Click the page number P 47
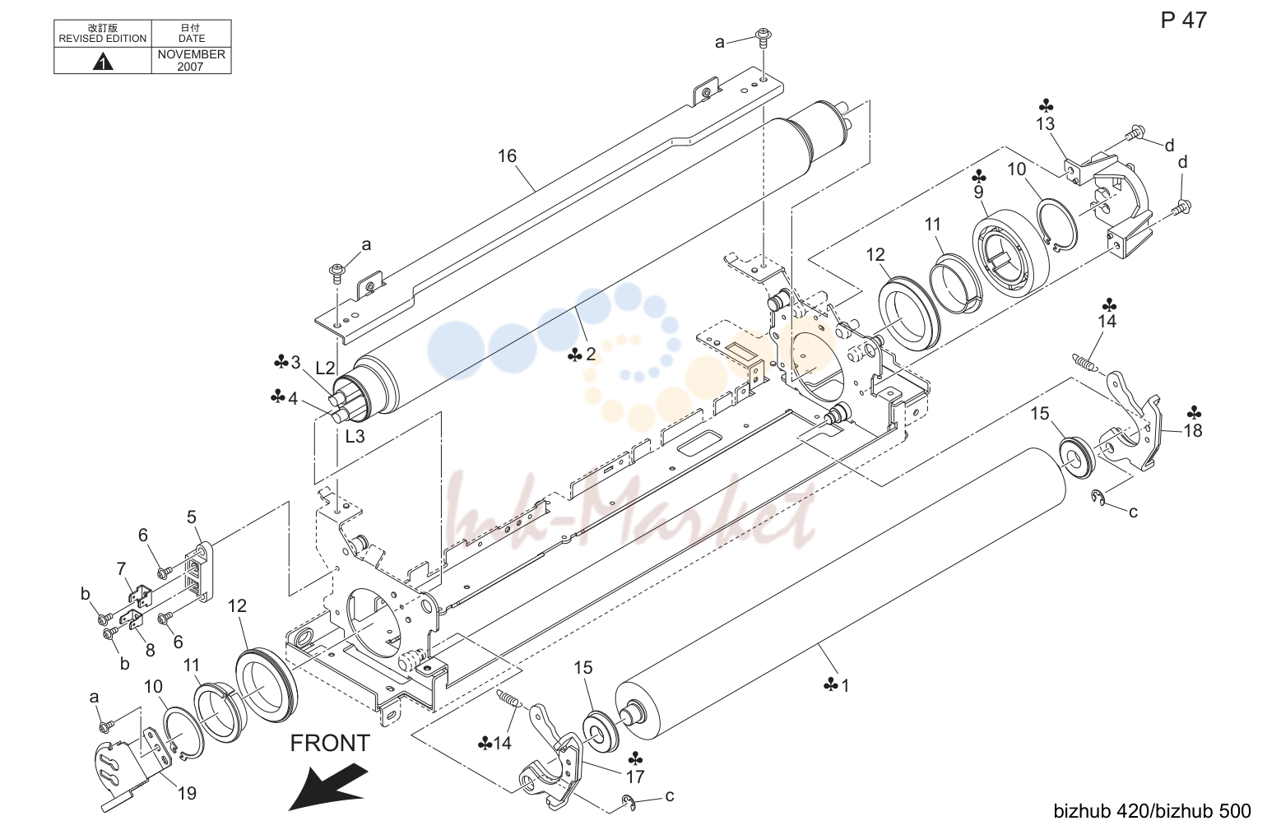click(1183, 21)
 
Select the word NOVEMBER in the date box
click(191, 54)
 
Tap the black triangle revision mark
click(102, 61)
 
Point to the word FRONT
click(330, 743)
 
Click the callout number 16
click(508, 156)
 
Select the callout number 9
click(978, 192)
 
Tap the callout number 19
click(188, 793)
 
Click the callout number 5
click(192, 517)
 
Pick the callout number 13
click(1045, 124)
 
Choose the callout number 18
click(1193, 431)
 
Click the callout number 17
click(635, 777)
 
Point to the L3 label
click(355, 437)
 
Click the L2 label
click(325, 368)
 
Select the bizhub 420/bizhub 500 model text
click(1152, 811)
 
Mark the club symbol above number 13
click(1046, 106)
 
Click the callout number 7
click(121, 568)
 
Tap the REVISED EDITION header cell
click(102, 34)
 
